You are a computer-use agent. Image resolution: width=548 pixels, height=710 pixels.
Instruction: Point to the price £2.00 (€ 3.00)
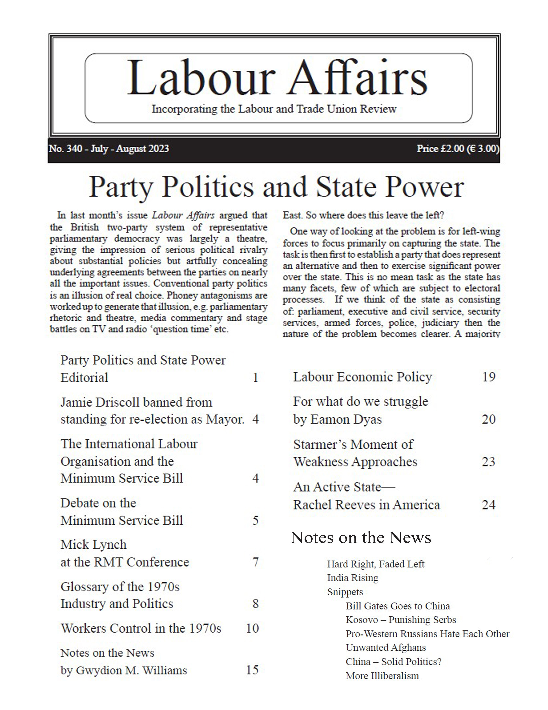[x=458, y=149]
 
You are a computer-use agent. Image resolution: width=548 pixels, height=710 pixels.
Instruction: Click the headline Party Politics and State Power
[x=276, y=187]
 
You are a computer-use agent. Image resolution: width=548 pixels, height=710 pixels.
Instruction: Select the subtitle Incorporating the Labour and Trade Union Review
[x=274, y=109]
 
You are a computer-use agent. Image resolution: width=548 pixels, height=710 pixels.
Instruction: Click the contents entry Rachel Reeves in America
[x=366, y=505]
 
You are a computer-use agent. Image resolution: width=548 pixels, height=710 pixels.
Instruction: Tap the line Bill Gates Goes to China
[x=398, y=606]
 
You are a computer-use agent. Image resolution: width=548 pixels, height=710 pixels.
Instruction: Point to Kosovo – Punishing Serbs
[x=400, y=620]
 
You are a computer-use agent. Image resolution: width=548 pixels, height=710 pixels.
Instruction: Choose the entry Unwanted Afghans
[x=386, y=648]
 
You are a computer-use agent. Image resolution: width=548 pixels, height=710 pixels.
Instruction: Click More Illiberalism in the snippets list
[x=382, y=676]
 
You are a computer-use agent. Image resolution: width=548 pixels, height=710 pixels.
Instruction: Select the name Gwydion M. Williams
[x=131, y=670]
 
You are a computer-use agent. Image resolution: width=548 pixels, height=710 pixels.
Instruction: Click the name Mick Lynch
[x=94, y=545]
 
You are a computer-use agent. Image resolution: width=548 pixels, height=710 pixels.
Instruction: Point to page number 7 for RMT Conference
[x=255, y=562]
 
